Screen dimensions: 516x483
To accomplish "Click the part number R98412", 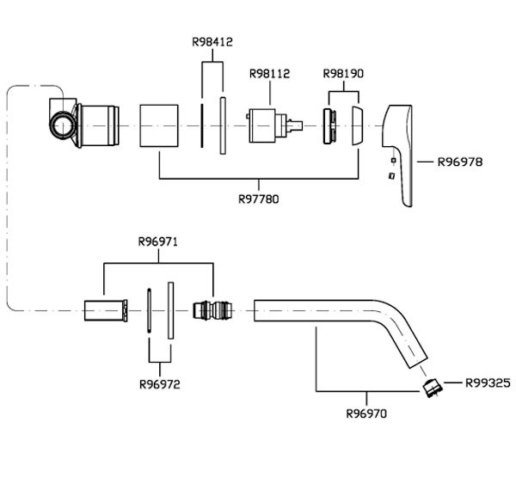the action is pos(212,42).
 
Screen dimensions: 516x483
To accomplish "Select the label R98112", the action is pos(269,73).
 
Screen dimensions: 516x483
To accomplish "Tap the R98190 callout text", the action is pos(343,73).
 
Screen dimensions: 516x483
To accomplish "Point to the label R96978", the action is pos(460,162).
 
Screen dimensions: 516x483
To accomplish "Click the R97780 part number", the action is pos(258,199).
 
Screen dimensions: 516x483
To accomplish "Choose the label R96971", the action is pos(158,241).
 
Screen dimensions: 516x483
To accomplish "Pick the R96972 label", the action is pos(160,384).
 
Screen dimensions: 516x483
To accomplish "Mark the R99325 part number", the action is pos(488,382).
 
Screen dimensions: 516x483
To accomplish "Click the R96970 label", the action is pos(366,413).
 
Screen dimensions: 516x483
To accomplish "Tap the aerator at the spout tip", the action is pos(433,388).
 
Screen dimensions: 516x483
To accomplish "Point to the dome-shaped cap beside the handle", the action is pos(358,125).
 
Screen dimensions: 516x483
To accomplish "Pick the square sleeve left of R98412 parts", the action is pos(159,125).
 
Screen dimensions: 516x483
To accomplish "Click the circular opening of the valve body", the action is pos(62,126).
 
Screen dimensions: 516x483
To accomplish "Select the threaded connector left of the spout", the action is pos(212,310).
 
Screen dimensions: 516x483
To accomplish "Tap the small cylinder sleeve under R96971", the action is pos(106,310).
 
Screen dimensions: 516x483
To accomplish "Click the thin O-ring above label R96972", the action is pos(149,311).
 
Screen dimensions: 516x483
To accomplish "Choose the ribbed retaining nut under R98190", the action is pos(330,126).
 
